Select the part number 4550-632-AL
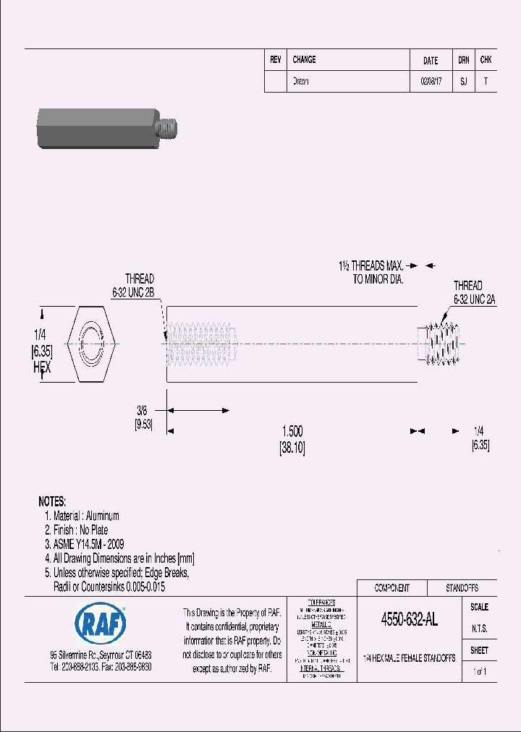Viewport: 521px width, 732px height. click(x=409, y=619)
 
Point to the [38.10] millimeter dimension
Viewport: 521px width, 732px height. click(x=292, y=448)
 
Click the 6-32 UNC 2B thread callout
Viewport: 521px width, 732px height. click(x=133, y=291)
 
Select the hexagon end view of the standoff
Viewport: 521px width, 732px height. click(x=92, y=342)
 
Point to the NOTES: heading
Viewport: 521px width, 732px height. click(x=52, y=501)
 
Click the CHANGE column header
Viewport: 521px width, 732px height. click(x=304, y=60)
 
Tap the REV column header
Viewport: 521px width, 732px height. click(x=275, y=60)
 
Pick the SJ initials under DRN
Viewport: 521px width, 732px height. click(x=463, y=82)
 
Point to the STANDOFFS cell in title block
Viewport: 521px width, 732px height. click(x=461, y=588)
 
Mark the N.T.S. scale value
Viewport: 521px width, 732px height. click(x=479, y=629)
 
